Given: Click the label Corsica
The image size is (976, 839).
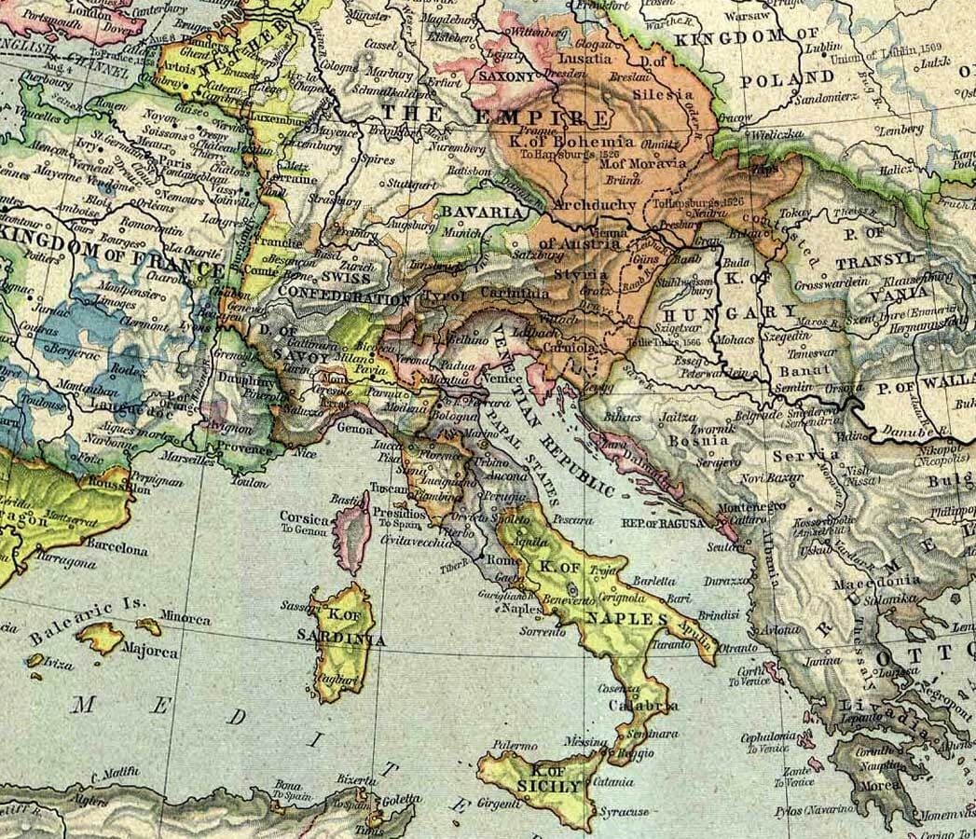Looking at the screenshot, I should click(303, 518).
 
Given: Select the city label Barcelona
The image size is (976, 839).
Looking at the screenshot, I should click(117, 550).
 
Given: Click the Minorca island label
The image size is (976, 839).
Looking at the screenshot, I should click(185, 618).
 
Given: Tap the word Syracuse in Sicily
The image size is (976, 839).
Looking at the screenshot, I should click(624, 812).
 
